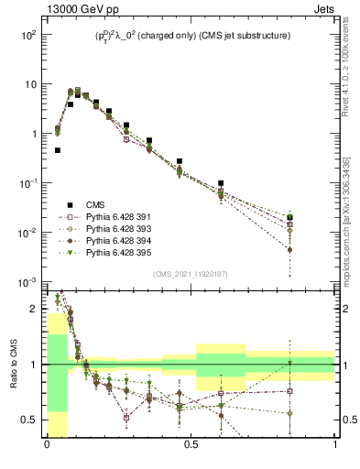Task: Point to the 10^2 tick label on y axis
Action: click(x=28, y=35)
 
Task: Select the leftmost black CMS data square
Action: click(x=58, y=150)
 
